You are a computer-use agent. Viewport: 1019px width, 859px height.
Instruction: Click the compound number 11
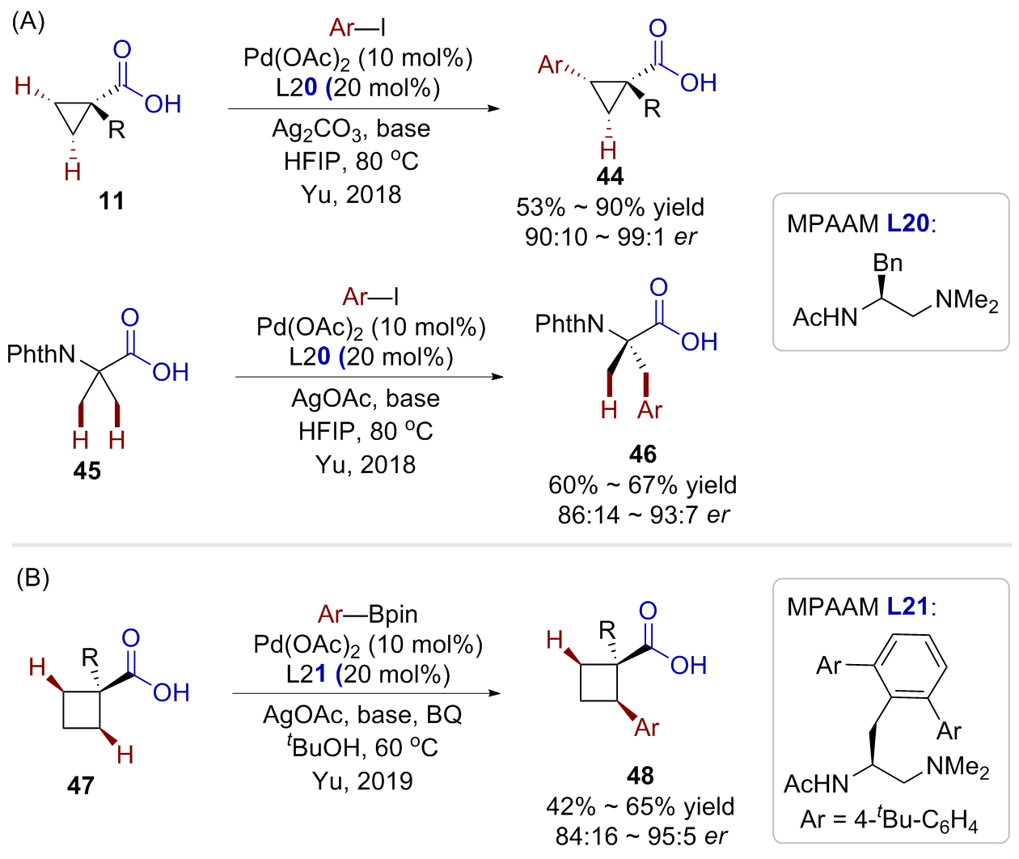point(112,201)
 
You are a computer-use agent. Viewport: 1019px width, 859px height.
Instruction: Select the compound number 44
point(611,176)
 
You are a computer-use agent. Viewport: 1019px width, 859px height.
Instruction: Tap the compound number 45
point(87,471)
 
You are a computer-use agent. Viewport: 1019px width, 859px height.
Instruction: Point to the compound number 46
point(643,454)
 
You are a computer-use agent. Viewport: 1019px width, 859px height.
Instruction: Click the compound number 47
point(81,785)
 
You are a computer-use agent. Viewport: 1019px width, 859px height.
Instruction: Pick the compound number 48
point(640,776)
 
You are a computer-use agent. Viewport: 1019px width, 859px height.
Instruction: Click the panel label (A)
point(28,22)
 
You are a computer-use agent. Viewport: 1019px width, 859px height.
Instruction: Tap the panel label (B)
point(33,578)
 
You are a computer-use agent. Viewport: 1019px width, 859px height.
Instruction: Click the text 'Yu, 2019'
point(362,781)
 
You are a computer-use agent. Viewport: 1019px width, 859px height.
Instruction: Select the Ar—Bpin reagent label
point(368,615)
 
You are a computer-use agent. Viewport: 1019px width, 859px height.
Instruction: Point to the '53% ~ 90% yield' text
point(610,207)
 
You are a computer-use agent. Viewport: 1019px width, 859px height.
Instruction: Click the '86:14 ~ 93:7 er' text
point(643,514)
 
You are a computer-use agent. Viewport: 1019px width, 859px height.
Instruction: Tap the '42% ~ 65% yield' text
point(640,806)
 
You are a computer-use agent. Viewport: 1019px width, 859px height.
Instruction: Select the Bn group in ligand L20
point(887,263)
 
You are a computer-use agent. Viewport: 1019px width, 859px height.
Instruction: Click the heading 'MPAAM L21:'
point(860,607)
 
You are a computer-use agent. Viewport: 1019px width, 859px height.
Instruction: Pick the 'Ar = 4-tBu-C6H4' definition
point(889,820)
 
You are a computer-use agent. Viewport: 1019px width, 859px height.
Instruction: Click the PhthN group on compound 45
point(41,354)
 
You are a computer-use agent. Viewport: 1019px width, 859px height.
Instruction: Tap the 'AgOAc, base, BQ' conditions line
point(362,715)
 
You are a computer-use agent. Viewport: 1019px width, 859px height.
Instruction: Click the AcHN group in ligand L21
point(816,784)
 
